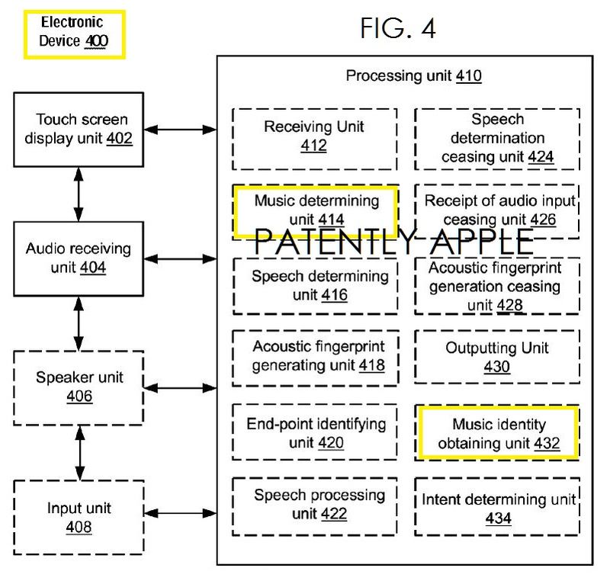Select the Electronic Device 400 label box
click(74, 34)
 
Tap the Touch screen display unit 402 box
click(79, 130)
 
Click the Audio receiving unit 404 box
click(79, 258)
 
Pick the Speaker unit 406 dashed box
click(79, 387)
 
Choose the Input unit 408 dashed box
click(79, 516)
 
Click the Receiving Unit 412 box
click(314, 136)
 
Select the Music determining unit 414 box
click(316, 210)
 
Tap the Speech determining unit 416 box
click(315, 285)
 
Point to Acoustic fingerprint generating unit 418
click(315, 355)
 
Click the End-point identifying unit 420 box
click(315, 432)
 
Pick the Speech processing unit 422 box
click(315, 504)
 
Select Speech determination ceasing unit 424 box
click(497, 138)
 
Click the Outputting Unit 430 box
click(497, 357)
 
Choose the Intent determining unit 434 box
click(497, 509)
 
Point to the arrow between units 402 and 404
click(79, 196)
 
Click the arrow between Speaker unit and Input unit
click(79, 453)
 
